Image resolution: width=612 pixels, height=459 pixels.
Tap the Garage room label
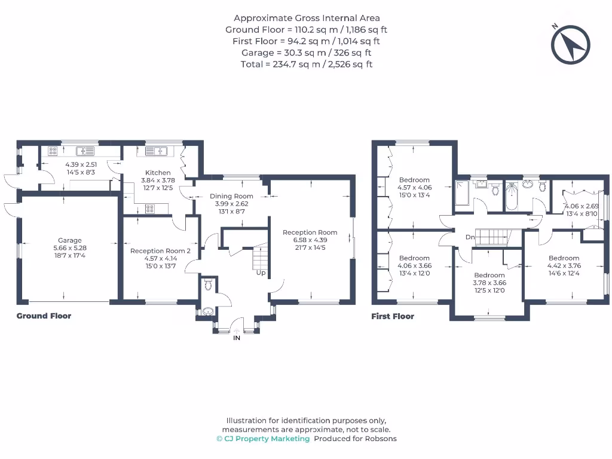pyautogui.click(x=69, y=241)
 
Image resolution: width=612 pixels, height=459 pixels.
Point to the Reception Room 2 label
pyautogui.click(x=160, y=251)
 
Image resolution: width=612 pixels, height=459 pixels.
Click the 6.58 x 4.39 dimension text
pyautogui.click(x=310, y=240)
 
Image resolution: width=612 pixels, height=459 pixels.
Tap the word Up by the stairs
pyautogui.click(x=261, y=273)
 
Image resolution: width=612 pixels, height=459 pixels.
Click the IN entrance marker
pyautogui.click(x=237, y=338)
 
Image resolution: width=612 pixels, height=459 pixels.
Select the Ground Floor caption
pyautogui.click(x=44, y=316)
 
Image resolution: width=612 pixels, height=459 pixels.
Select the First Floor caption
pyautogui.click(x=393, y=316)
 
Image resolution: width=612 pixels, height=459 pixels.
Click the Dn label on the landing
pyautogui.click(x=470, y=237)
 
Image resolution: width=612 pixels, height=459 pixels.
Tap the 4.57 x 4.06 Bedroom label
pyautogui.click(x=414, y=180)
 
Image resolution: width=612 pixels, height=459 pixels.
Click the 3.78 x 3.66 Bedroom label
pyautogui.click(x=489, y=276)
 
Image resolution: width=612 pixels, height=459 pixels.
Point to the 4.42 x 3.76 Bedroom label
pyautogui.click(x=564, y=258)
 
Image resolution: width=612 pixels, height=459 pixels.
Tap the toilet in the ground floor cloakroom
pyautogui.click(x=208, y=284)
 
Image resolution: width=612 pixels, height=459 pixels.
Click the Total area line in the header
pyautogui.click(x=306, y=64)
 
